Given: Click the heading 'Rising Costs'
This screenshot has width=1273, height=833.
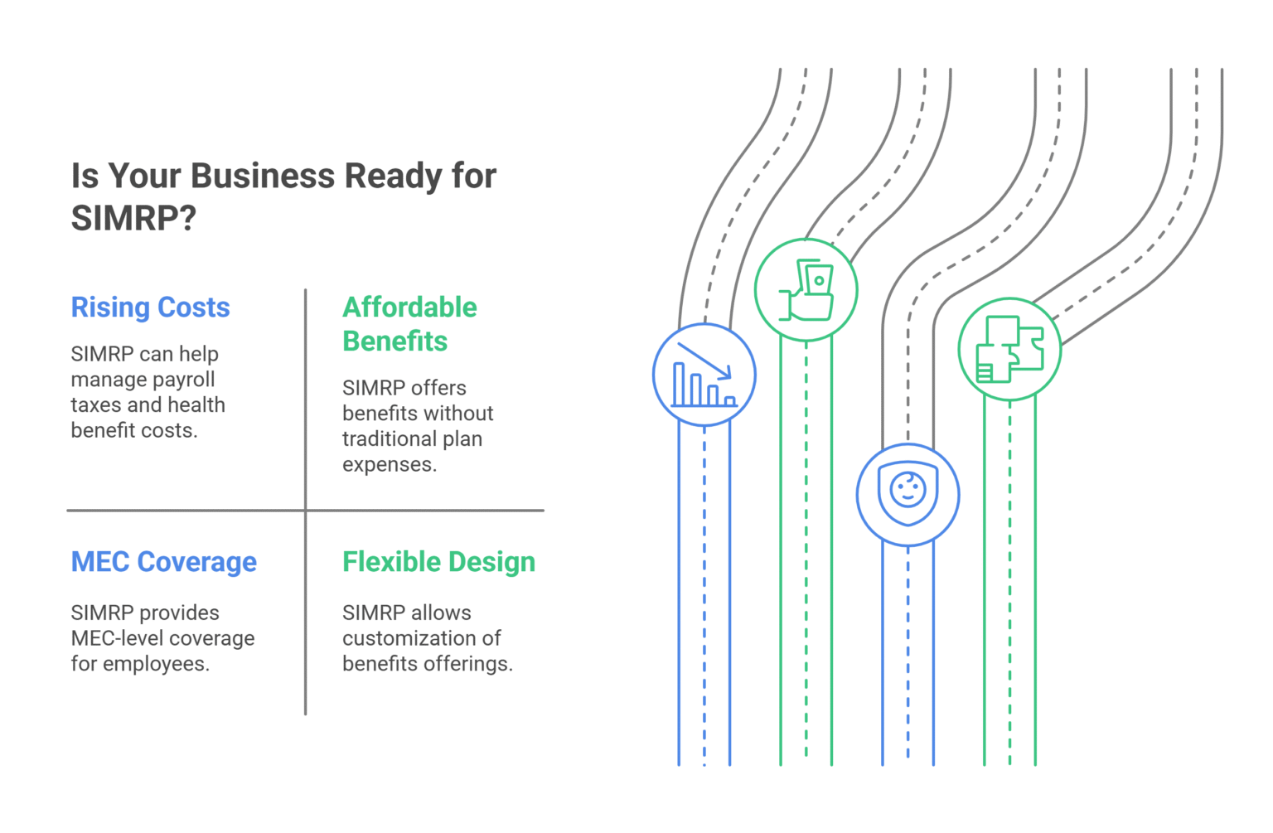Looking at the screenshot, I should click(x=150, y=308).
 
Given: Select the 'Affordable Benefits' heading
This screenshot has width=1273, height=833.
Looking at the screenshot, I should click(x=409, y=324).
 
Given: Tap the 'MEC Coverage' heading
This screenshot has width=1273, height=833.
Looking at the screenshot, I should click(x=163, y=562).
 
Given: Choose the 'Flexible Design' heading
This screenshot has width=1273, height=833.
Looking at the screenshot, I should click(x=438, y=562).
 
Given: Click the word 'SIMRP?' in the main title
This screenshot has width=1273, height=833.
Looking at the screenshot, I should click(x=133, y=219).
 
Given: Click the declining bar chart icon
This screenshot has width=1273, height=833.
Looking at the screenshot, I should click(x=704, y=375).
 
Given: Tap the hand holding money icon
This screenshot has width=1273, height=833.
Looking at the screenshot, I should click(x=806, y=290).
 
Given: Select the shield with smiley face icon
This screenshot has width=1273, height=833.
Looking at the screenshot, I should click(x=908, y=495).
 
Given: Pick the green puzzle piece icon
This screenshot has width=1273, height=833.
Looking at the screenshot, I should click(x=1009, y=350).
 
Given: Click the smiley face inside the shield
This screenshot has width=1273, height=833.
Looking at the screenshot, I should click(x=908, y=489).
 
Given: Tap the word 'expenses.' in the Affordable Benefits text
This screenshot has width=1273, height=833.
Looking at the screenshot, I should click(x=389, y=465).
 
